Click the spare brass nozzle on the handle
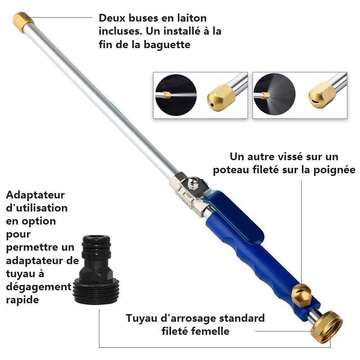pos(301,295)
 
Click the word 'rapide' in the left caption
pos(22,299)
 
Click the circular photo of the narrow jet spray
pos(175,95)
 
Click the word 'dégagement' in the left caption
pos(39,286)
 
